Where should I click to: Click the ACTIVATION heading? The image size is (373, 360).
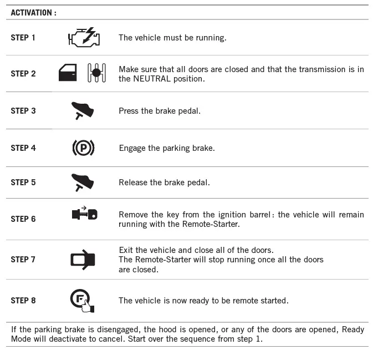point(33,12)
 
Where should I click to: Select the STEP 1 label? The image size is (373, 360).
point(23,38)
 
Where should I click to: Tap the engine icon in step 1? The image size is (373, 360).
point(84,37)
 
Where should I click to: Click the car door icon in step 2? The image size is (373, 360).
point(68,73)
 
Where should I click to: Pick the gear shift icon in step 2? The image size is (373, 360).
point(96,73)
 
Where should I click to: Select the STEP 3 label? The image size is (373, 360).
point(23,111)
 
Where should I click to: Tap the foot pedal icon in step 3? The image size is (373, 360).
point(83,110)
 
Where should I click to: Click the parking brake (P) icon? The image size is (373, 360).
point(83,148)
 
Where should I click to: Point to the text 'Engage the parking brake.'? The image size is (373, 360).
point(167,148)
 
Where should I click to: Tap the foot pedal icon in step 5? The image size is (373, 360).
point(83,182)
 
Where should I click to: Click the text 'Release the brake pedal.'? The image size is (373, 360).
point(164,182)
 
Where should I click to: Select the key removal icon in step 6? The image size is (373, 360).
point(84,214)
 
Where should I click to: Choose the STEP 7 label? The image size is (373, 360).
point(23,260)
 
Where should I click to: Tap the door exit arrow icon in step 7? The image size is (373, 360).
point(83,260)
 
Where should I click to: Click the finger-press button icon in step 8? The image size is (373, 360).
point(83,300)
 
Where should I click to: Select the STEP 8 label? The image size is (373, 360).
point(23,301)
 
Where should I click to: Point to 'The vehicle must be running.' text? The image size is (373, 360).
point(172,38)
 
